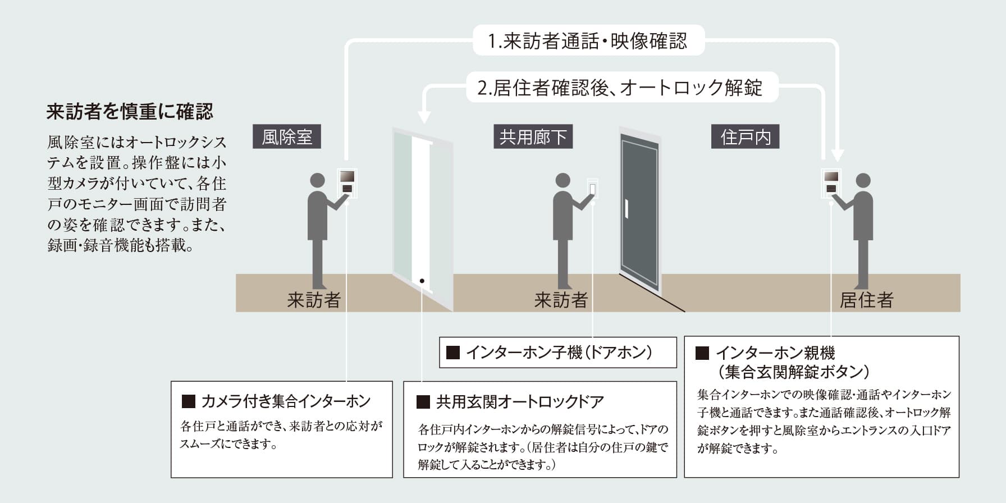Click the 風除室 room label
click(287, 137)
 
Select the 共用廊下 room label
click(533, 137)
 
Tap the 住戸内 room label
click(746, 137)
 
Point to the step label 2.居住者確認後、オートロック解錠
click(620, 88)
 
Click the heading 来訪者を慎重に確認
click(130, 112)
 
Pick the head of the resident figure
click(863, 181)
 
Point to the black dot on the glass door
click(422, 281)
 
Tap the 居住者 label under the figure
click(866, 300)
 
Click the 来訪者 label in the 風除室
click(313, 300)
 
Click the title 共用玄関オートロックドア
click(520, 402)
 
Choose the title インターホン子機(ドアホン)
click(559, 353)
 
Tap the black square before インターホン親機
click(702, 353)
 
